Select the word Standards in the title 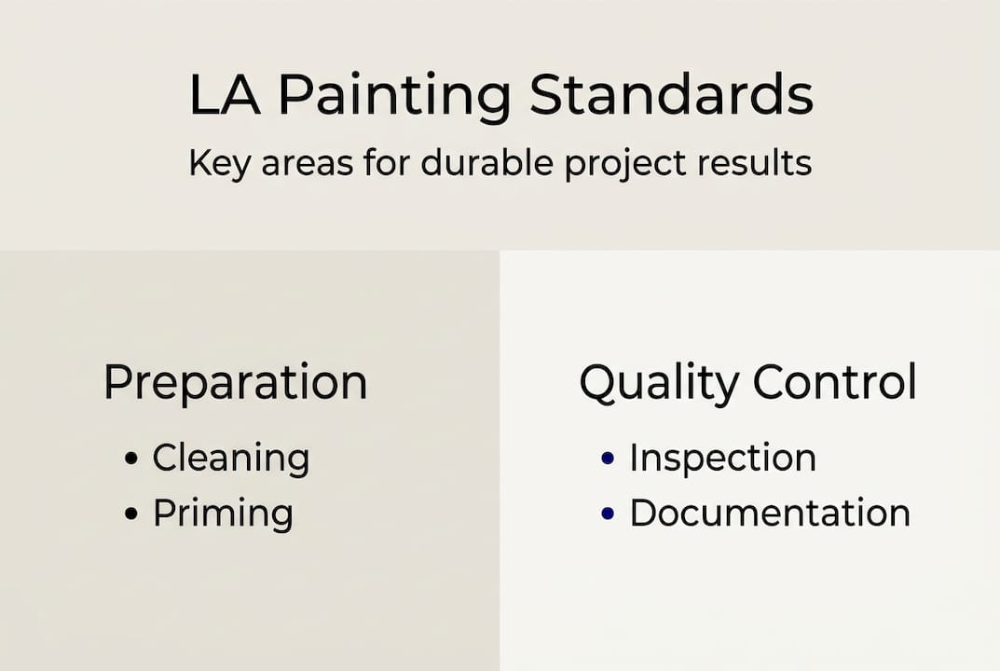tap(671, 95)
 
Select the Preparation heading tap(235, 383)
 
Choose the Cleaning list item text tap(230, 459)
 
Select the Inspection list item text tap(722, 458)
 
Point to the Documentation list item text tap(770, 513)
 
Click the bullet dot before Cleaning tap(131, 459)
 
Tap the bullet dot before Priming tap(131, 514)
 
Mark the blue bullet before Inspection tap(608, 459)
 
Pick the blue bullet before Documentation tap(608, 514)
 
